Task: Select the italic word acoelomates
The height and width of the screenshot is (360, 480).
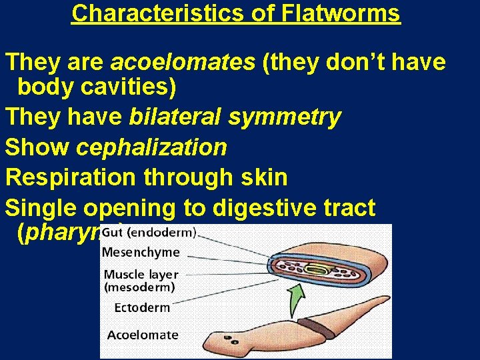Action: click(x=183, y=62)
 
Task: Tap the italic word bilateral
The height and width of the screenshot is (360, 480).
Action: click(x=175, y=117)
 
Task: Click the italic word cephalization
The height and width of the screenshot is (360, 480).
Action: click(x=151, y=147)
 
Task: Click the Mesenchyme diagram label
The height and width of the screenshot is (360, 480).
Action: click(x=141, y=252)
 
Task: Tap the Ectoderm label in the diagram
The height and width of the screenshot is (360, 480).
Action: click(x=142, y=307)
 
